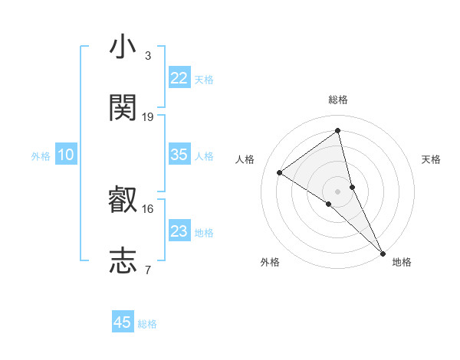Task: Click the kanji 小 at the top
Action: pos(123,47)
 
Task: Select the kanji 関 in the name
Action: pos(123,108)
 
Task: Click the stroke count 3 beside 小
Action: pos(147,55)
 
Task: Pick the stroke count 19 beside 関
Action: pos(148,116)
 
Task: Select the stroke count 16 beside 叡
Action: pos(148,208)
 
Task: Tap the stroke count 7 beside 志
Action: pos(147,269)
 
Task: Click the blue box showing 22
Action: pos(179,78)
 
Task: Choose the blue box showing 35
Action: pos(179,155)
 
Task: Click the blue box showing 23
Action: pos(179,231)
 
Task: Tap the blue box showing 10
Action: pos(66,155)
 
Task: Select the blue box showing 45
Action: pos(123,322)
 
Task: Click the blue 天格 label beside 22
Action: pos(204,79)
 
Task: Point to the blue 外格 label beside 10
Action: pos(41,155)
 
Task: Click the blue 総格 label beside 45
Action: pos(147,323)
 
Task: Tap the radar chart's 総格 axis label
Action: pos(338,100)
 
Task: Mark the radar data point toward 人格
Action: pos(280,172)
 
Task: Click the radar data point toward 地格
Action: pos(382,252)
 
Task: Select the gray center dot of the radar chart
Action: pos(338,190)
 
